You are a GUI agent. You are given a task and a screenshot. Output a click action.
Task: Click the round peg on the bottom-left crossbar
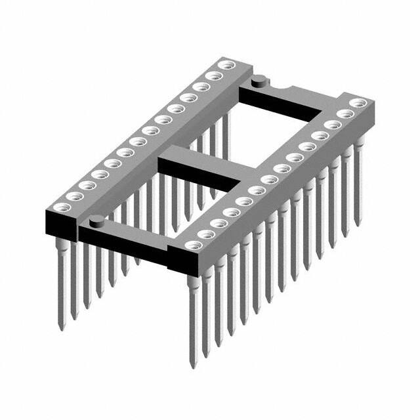pyautogui.click(x=96, y=219)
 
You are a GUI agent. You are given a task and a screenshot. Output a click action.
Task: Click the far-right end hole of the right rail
pyautogui.click(x=358, y=103)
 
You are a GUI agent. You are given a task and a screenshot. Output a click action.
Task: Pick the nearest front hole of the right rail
pyautogui.click(x=192, y=245)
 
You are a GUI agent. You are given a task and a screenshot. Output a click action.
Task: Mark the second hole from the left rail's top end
pyautogui.click(x=212, y=75)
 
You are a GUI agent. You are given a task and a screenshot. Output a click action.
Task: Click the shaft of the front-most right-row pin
pyautogui.click(x=193, y=315)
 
